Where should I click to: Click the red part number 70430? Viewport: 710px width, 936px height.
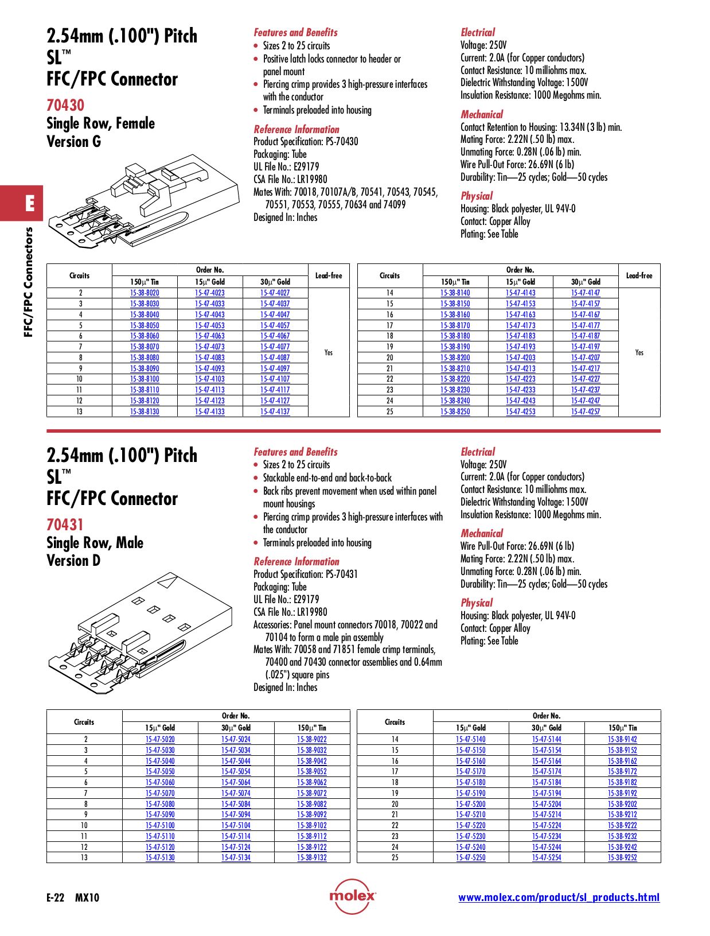click(65, 105)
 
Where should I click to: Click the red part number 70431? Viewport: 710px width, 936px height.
click(65, 525)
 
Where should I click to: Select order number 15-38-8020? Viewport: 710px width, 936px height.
click(145, 293)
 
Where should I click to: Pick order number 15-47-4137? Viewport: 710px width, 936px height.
click(275, 411)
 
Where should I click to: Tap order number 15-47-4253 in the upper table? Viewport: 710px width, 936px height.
click(520, 411)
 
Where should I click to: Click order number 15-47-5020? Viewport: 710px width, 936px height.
click(160, 739)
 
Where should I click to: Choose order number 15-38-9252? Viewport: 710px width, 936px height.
click(622, 857)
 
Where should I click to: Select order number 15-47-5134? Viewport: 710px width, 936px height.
click(236, 857)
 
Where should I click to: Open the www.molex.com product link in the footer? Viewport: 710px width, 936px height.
click(559, 898)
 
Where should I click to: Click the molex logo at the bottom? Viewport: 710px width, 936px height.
click(353, 896)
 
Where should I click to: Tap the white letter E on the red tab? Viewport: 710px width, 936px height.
click(30, 203)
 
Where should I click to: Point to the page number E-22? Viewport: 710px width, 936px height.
click(56, 898)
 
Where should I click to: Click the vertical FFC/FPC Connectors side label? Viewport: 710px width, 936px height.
click(28, 282)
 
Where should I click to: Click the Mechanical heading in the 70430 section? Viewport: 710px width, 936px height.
click(482, 114)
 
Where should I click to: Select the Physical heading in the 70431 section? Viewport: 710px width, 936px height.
click(477, 603)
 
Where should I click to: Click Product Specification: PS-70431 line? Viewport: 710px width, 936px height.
click(306, 574)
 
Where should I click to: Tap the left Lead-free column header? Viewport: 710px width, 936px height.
click(329, 275)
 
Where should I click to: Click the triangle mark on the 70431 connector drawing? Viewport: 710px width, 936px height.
click(168, 582)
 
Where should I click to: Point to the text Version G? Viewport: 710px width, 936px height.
click(73, 141)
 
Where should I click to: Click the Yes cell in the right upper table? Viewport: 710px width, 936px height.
click(639, 352)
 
